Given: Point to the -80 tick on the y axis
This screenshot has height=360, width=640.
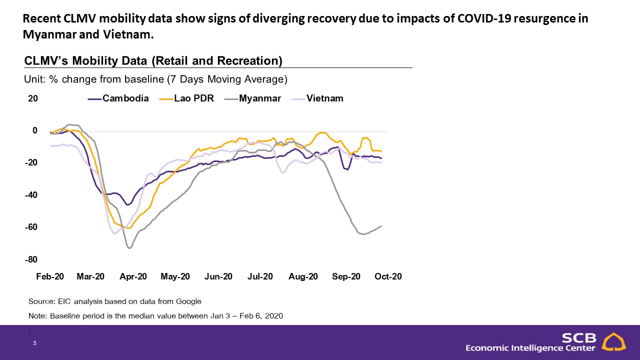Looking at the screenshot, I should coord(31,259).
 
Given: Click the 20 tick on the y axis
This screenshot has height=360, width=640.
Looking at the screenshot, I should coord(33,98).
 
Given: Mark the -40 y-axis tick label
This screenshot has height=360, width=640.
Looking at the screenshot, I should coord(31,195).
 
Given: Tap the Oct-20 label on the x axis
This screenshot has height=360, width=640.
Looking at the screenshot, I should coord(388,276).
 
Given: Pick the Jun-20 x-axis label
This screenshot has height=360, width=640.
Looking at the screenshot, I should coord(218,276).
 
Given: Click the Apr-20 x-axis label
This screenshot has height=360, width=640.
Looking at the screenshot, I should coord(133,276).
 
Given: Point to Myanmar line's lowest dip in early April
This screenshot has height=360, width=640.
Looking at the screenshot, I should coord(130,247).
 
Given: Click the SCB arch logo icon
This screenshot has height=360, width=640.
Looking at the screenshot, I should coord(613,342).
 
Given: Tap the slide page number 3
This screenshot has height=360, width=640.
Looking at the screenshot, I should coord(34,343).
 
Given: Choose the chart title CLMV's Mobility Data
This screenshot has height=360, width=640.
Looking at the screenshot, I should coord(153,61).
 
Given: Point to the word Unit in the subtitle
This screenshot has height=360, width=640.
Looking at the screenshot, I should coord(33,79).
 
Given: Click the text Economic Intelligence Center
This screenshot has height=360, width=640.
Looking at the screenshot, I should coord(530,348).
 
